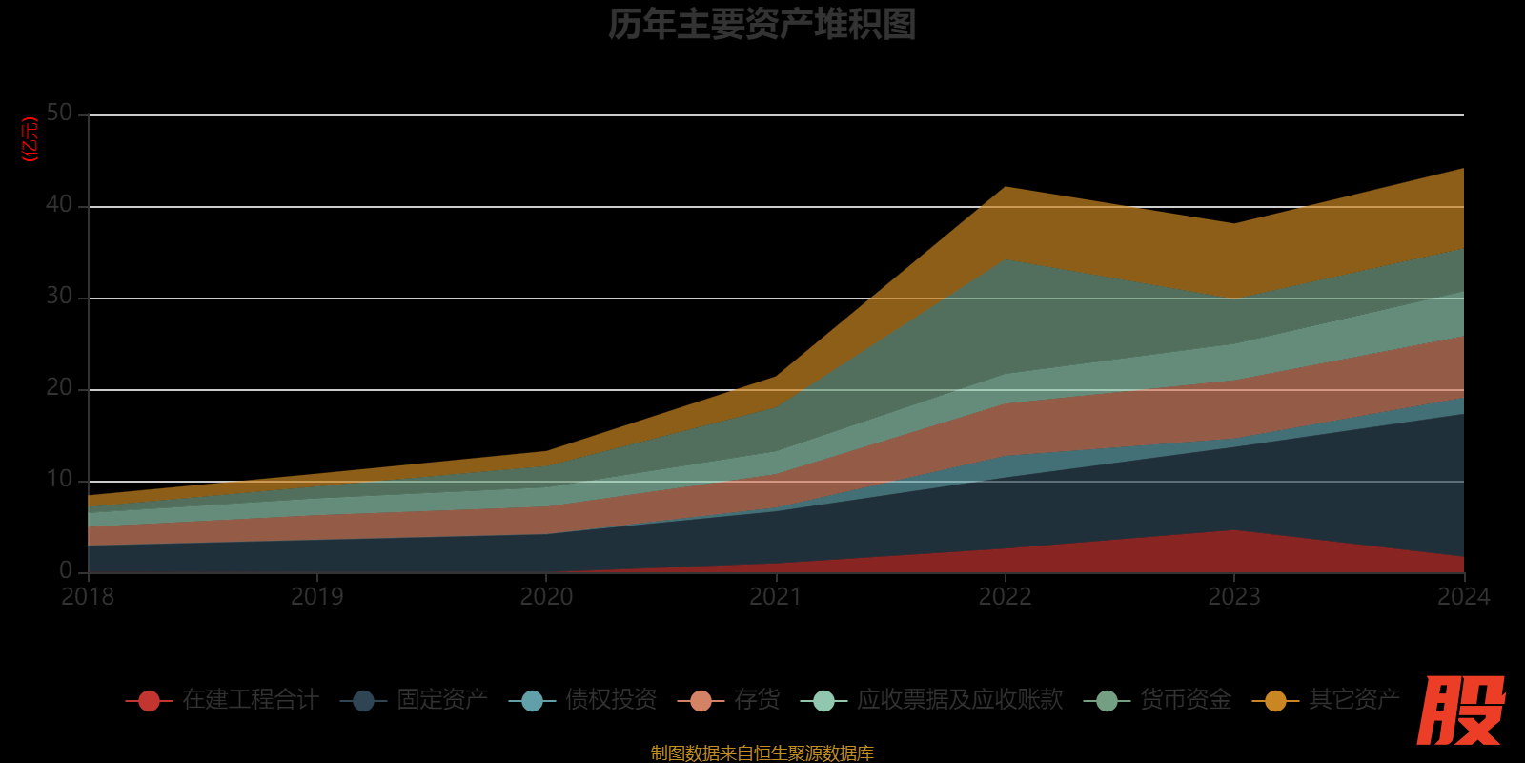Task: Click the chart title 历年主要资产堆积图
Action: (762, 25)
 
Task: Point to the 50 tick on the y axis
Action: (59, 113)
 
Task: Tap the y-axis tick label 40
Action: (59, 205)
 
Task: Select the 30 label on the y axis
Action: (59, 297)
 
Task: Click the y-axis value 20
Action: (59, 388)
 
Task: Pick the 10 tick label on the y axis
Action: (59, 480)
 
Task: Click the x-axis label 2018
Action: (88, 597)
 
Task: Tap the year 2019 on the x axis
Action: (317, 597)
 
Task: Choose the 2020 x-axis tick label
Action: (546, 597)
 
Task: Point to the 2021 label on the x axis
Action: (776, 597)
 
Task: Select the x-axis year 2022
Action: (1005, 597)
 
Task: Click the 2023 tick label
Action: (1234, 597)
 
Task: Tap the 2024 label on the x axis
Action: (1463, 597)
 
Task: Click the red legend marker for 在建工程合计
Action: (149, 701)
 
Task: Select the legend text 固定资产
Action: (442, 700)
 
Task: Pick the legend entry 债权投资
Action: (611, 700)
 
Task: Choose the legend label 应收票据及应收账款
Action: (960, 700)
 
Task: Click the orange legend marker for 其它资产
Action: (1275, 701)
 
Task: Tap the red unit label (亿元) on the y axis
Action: (30, 139)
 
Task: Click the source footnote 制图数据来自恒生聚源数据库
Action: (762, 753)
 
